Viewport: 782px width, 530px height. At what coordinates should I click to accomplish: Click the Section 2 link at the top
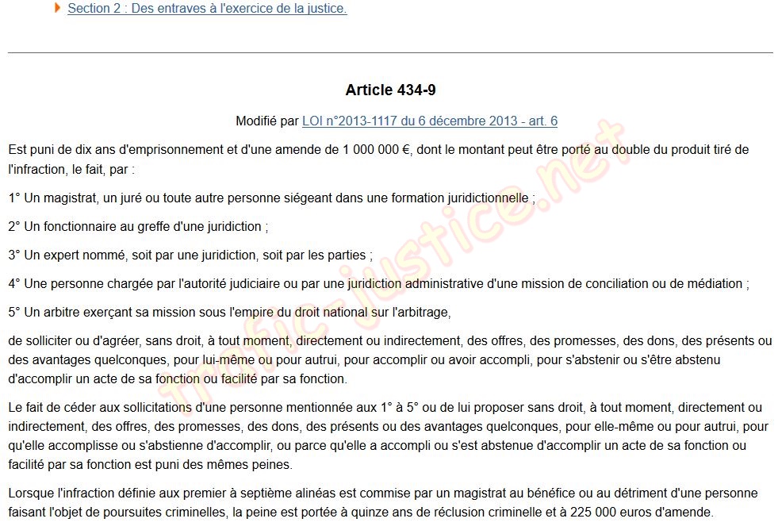(x=207, y=9)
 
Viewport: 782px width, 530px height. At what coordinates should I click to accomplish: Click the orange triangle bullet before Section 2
(x=58, y=8)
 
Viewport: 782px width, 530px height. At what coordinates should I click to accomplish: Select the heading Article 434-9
(x=390, y=90)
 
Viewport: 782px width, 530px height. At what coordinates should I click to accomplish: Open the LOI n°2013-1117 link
(x=429, y=121)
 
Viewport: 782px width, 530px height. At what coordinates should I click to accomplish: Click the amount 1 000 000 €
(x=377, y=150)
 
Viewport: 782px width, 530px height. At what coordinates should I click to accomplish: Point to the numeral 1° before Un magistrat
(x=14, y=198)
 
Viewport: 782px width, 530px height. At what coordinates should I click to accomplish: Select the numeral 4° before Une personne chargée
(x=14, y=284)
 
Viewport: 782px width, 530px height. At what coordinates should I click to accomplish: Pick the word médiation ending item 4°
(x=715, y=284)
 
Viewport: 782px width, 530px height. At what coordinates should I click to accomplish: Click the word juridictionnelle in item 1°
(x=483, y=198)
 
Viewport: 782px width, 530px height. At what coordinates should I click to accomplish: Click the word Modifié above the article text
(x=256, y=121)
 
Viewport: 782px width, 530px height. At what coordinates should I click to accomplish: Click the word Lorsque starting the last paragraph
(x=32, y=494)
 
